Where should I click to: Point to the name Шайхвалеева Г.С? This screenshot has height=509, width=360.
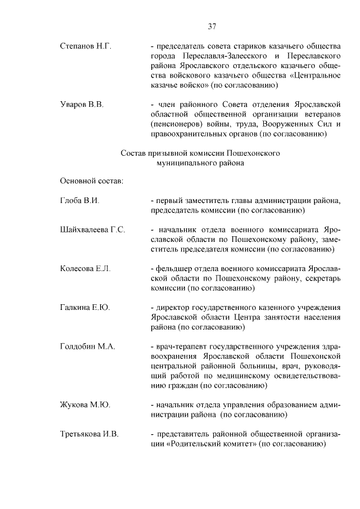pos(92,230)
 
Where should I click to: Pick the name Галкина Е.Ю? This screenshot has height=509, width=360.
pos(84,308)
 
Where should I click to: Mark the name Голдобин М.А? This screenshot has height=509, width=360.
pos(87,346)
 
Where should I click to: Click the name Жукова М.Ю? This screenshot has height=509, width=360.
pos(84,404)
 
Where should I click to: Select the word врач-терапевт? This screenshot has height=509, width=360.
pos(179,346)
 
